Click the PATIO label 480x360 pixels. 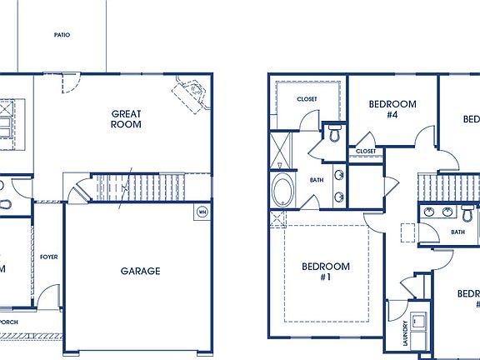pos(61,36)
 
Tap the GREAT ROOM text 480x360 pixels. pos(126,118)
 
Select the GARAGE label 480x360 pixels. pos(140,270)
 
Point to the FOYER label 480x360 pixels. pos(48,257)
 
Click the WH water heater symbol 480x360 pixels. pos(201,212)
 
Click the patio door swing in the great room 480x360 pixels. pos(70,82)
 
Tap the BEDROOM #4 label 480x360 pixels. pos(392,109)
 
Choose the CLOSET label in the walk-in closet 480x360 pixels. pos(307,99)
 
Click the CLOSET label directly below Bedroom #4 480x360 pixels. pos(366,151)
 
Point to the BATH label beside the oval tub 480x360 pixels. pos(317,179)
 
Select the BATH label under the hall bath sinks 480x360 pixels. pos(457,232)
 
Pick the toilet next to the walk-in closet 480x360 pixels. pos(334,132)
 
